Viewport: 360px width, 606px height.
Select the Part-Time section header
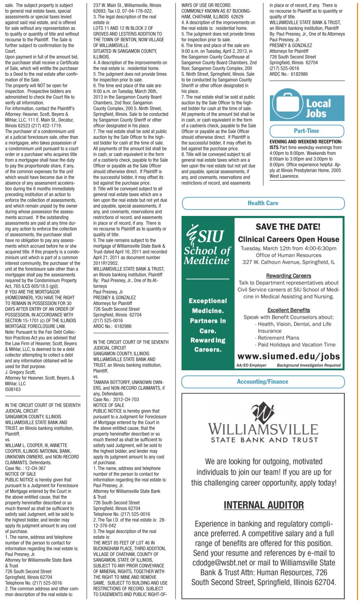point(306,131)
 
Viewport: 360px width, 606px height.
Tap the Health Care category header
point(263,203)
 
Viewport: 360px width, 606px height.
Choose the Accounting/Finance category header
point(263,382)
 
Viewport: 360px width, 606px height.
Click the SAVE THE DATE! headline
point(288,227)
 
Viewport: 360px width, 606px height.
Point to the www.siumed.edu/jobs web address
point(288,356)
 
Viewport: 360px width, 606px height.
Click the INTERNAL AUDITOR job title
point(264,505)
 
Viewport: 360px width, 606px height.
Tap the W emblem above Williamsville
point(263,413)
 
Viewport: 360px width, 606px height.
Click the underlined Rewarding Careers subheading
point(288,276)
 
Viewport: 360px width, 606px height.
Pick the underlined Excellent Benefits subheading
point(288,310)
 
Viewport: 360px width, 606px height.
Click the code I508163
point(13,390)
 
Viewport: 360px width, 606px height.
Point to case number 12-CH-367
point(34,468)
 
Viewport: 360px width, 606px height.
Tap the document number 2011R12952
point(106,263)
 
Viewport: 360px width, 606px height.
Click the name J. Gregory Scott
point(21,372)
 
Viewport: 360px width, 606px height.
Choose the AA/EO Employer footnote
point(251,365)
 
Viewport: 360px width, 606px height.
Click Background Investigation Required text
point(308,365)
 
